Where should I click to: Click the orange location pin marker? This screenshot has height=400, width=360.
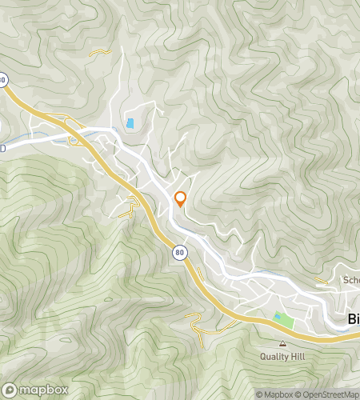coord(181,198)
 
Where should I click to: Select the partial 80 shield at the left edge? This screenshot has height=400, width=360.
coord(3,79)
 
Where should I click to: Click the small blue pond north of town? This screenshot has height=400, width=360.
coord(130,124)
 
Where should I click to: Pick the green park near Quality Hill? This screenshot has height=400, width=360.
coord(284,322)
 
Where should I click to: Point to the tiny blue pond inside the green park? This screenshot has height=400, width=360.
coord(278,318)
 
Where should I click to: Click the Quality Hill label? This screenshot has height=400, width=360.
coord(282,355)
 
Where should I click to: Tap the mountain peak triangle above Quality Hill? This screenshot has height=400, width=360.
coord(282,343)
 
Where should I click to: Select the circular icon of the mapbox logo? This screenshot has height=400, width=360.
coord(12,390)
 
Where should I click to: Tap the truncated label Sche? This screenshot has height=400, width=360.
coord(351,280)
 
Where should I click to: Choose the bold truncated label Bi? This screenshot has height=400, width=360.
coord(354,318)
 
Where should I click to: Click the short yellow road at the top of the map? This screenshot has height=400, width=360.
coord(100,53)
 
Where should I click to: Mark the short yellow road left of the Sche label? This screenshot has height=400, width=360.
coord(322,281)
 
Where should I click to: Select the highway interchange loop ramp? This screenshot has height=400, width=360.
coord(76,139)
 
